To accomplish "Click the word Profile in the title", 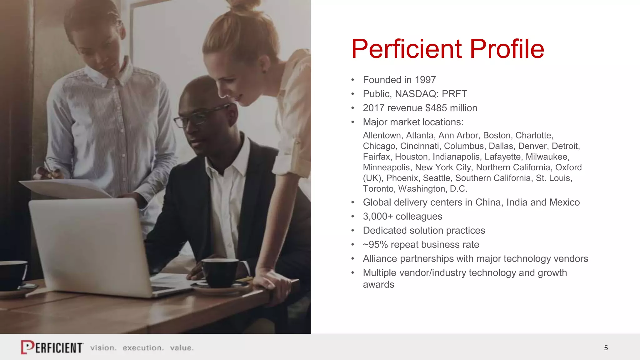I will coord(507,49).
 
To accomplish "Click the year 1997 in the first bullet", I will coord(425,80).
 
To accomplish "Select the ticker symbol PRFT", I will coord(454,94).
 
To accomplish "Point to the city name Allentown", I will coord(382,136).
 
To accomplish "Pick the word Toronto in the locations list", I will coord(378,189).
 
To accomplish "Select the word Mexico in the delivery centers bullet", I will coord(564,202).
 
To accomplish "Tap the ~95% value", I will coord(375,245).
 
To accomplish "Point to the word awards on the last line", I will coord(378,285).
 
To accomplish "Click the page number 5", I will coord(606,348).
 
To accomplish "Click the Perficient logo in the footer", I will coord(52,347).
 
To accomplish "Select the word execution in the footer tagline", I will coord(143,348).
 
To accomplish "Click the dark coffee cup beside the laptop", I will coord(220,272).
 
